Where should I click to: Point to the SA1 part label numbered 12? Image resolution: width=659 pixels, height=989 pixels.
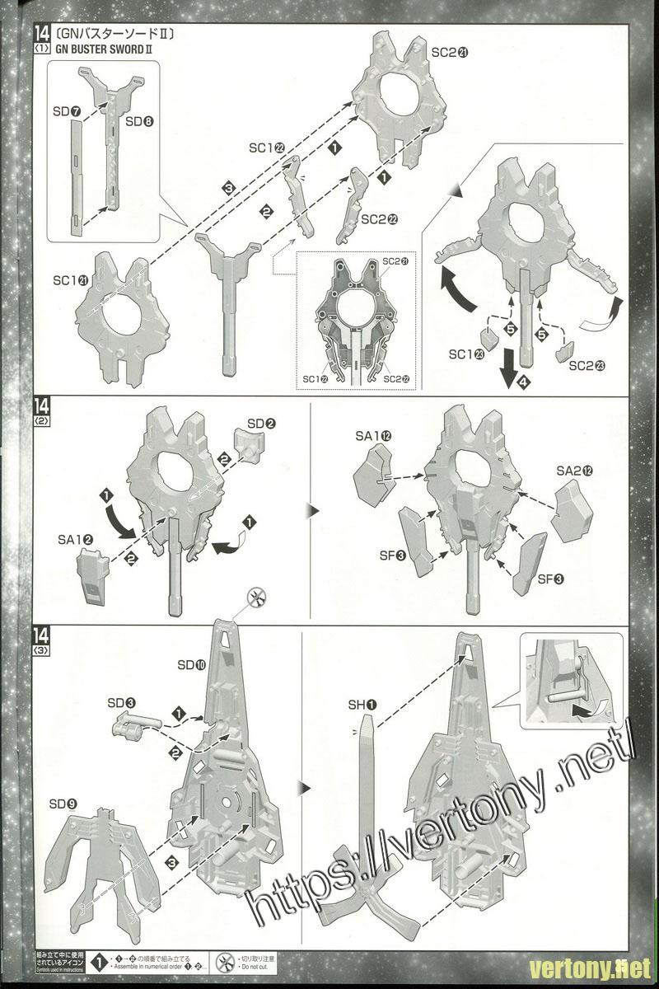click(373, 434)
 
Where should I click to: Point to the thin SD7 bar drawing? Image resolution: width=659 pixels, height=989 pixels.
click(77, 177)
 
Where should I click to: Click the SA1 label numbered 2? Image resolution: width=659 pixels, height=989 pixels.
click(75, 540)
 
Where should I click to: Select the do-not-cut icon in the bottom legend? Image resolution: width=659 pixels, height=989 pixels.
click(222, 962)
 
